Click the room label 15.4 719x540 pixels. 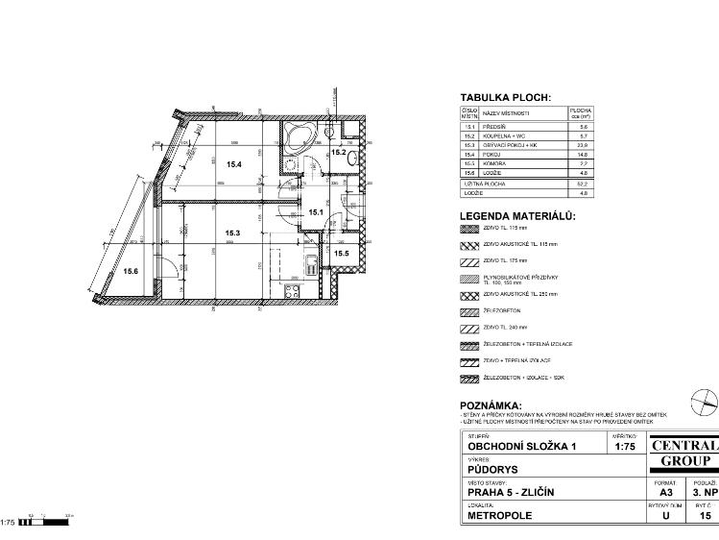tap(233, 164)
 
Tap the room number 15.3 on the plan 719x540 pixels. tap(232, 233)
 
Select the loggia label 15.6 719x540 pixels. tap(131, 272)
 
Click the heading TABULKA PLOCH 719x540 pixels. tap(505, 98)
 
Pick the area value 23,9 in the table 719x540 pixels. tap(582, 145)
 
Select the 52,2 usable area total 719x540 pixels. tap(582, 183)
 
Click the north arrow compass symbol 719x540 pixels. tap(705, 399)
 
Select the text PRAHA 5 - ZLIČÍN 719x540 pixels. tap(510, 493)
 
